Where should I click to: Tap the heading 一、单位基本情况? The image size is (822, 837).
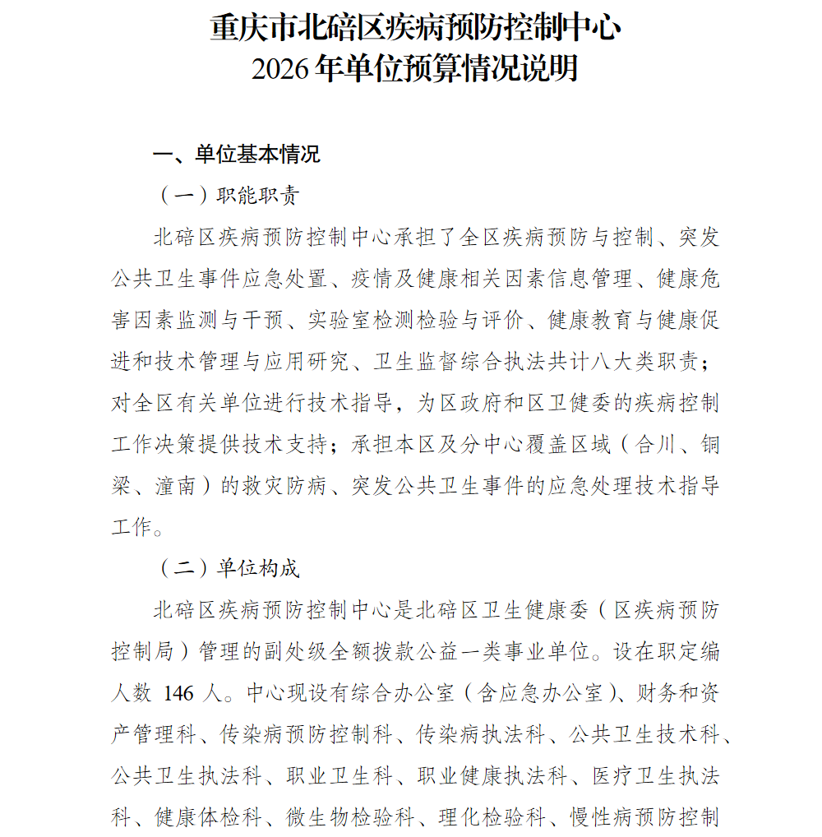[x=237, y=155]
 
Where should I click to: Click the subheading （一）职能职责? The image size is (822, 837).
[x=228, y=197]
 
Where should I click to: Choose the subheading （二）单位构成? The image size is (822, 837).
[x=228, y=568]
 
